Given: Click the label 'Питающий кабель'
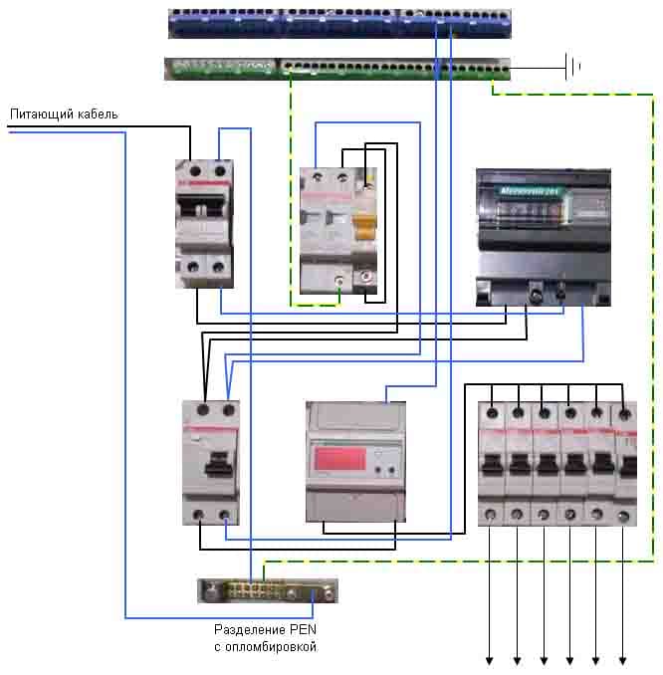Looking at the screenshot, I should tap(64, 113).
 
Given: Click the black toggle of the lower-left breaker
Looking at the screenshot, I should tap(212, 465).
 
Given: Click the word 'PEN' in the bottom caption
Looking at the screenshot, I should tap(303, 630).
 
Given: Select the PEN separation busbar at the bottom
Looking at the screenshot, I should tap(267, 591).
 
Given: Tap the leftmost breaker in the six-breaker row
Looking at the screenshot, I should tap(492, 463).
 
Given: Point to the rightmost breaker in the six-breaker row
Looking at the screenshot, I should tap(625, 463).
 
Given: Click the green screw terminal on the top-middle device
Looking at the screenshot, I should tap(341, 283).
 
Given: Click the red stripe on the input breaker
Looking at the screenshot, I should tap(204, 187).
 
